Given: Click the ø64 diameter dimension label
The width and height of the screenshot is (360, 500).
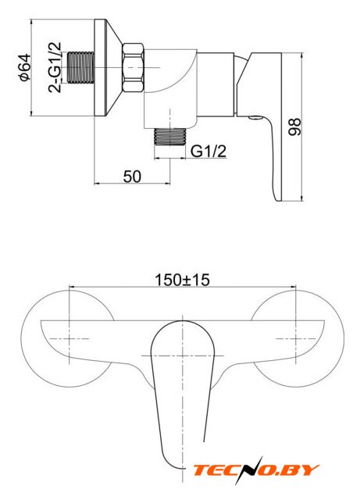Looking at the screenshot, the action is (x=26, y=67).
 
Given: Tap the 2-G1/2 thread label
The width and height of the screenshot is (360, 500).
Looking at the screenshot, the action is (x=55, y=67).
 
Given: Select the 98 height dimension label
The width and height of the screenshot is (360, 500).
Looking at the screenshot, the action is (x=294, y=127).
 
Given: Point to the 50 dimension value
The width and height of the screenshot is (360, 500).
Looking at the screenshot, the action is (x=132, y=177).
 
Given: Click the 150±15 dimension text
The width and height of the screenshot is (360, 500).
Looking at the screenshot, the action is (x=182, y=280).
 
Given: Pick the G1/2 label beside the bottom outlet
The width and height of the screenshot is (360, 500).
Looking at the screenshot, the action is (x=209, y=151).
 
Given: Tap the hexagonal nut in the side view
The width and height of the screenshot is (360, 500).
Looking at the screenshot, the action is (x=134, y=68).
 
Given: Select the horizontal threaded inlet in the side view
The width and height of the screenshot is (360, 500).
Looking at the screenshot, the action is (x=81, y=67).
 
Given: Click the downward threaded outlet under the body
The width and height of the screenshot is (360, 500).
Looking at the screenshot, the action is (x=170, y=137).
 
